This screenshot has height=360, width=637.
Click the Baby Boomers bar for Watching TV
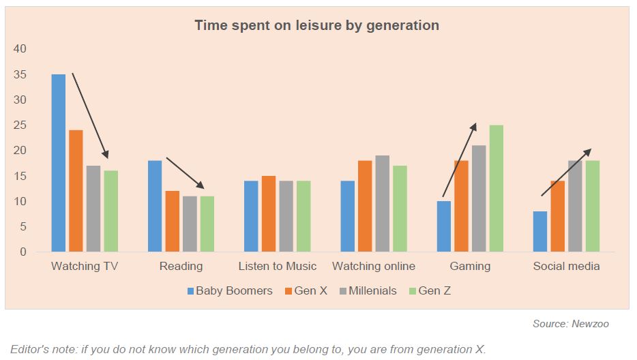coord(59,163)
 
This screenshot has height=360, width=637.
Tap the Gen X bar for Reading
coord(172,222)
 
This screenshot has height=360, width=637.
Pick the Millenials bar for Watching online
coord(383,204)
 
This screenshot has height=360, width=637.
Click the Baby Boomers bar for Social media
coord(540,232)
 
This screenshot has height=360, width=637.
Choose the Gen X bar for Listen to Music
coord(269,214)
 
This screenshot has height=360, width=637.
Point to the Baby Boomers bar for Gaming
coord(444,226)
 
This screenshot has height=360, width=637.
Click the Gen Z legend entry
coord(429,291)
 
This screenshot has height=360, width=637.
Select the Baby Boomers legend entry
coord(230,291)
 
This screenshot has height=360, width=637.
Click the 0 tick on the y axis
coord(23,252)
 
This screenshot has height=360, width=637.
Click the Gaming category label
coord(470,266)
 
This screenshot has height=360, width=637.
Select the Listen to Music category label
coord(278,266)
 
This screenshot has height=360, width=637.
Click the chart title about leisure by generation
coord(316,26)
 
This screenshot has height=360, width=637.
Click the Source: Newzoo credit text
coord(571,324)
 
